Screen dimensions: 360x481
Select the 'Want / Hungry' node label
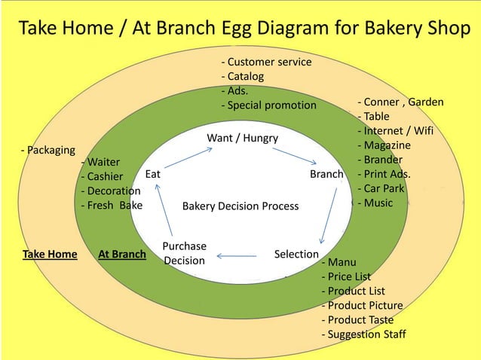pyautogui.click(x=242, y=138)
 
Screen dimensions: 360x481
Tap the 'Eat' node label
pyautogui.click(x=153, y=173)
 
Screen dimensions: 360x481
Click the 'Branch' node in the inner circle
pyautogui.click(x=326, y=174)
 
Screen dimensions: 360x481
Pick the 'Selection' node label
pyautogui.click(x=296, y=254)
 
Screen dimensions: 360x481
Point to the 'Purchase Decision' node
pyautogui.click(x=184, y=253)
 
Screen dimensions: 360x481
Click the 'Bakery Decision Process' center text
pyautogui.click(x=240, y=206)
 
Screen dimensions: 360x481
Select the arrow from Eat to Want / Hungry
pyautogui.click(x=191, y=155)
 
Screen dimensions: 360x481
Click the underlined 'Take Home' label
pyautogui.click(x=50, y=254)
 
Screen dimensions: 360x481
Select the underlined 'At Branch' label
pyautogui.click(x=121, y=254)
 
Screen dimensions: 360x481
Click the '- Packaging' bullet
pyautogui.click(x=47, y=149)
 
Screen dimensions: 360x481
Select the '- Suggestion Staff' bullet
pyautogui.click(x=363, y=334)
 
